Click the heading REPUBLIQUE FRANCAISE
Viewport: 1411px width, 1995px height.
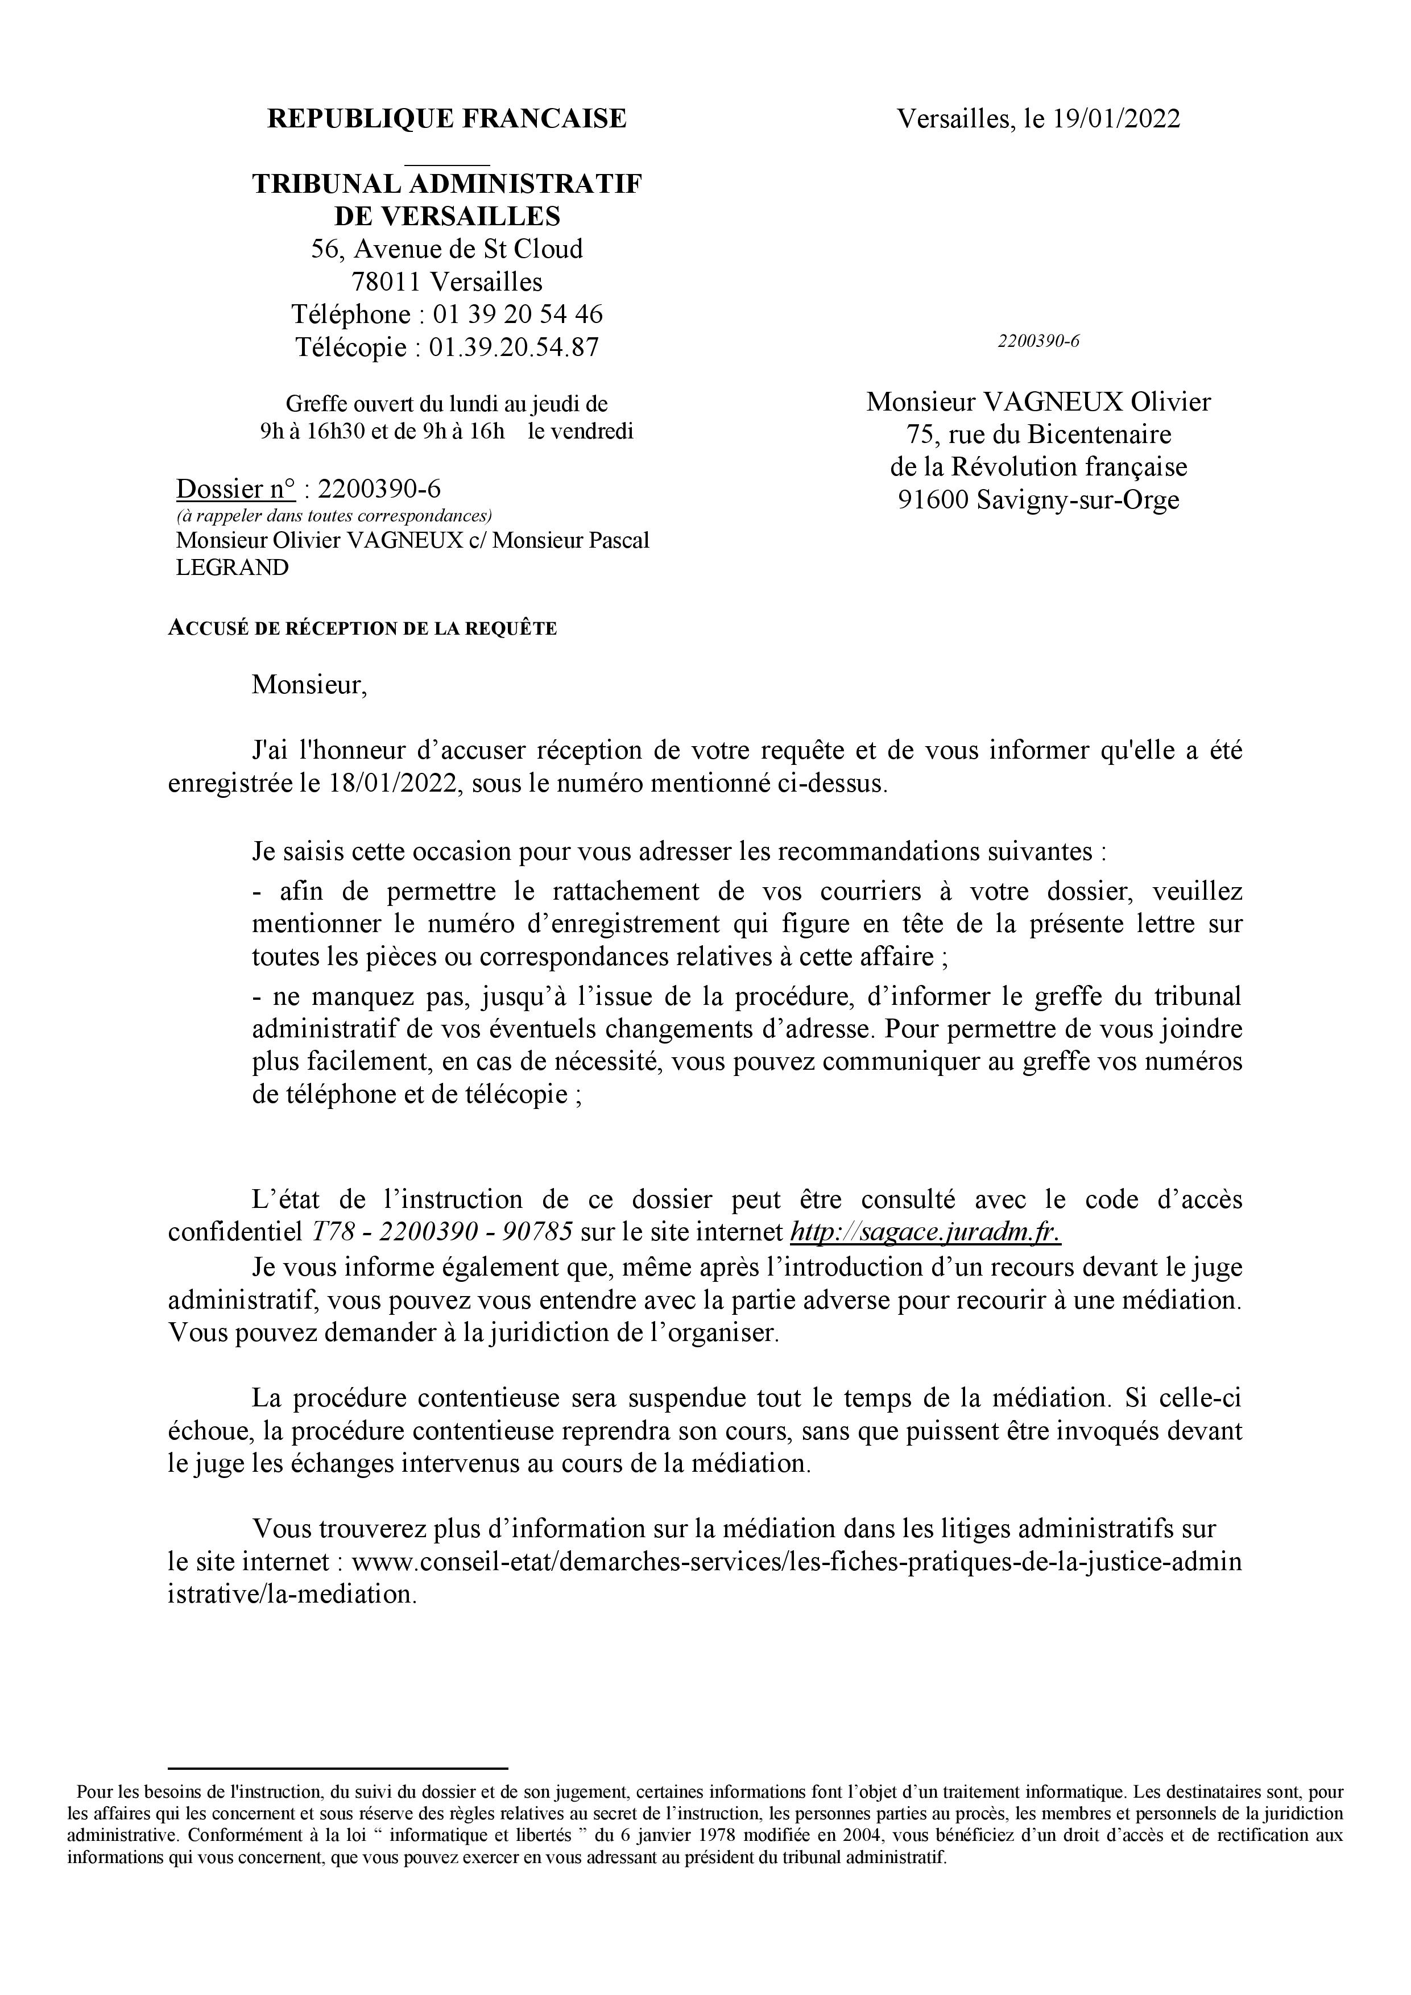coord(446,119)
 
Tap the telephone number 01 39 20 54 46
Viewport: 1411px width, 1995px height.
coord(518,314)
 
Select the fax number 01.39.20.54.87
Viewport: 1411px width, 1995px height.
coord(514,347)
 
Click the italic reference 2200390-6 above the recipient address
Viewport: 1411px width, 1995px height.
coord(1037,341)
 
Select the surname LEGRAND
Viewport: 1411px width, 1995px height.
coord(232,568)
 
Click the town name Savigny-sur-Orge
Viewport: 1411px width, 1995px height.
coord(1077,500)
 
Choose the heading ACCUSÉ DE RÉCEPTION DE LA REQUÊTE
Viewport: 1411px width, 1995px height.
coord(362,628)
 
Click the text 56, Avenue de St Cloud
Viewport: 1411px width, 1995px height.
coord(446,249)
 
